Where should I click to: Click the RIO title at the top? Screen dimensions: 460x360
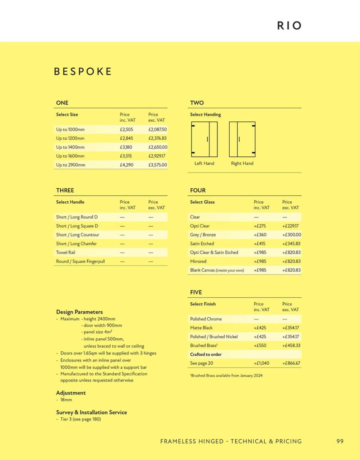(289, 26)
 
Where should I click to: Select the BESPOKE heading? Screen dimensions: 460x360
(83, 72)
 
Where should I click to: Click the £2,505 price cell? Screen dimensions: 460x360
(126, 129)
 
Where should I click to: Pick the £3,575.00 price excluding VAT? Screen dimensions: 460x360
(158, 165)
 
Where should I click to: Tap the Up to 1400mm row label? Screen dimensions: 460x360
(70, 147)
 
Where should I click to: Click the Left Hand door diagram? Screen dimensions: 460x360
(204, 139)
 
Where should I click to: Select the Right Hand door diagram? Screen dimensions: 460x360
(242, 139)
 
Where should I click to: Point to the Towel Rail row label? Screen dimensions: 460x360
(65, 252)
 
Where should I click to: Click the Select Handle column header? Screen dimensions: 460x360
(70, 202)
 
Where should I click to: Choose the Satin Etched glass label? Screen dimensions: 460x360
(202, 243)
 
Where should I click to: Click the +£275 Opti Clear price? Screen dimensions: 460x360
(260, 226)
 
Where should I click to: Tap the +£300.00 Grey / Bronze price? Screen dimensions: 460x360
(292, 235)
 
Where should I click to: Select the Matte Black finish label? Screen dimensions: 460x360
(201, 328)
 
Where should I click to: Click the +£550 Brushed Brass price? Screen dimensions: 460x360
(260, 345)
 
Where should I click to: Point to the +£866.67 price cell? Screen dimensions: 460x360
(291, 363)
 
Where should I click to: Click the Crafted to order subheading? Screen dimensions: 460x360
(206, 354)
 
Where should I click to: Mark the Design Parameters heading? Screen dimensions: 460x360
(79, 312)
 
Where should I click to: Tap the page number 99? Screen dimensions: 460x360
(340, 441)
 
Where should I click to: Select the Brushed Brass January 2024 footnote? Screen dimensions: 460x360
(226, 376)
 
